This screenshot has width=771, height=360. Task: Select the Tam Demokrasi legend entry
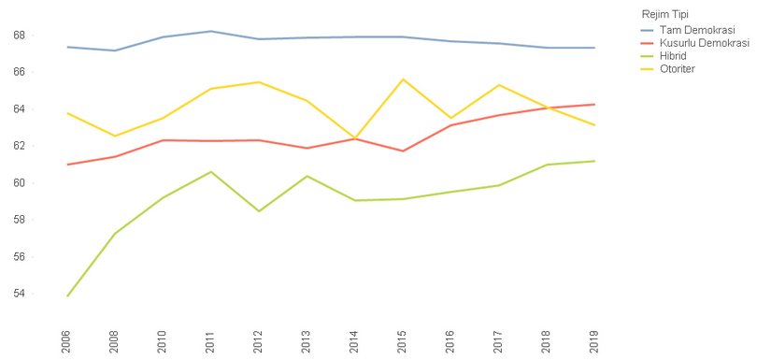[x=696, y=30]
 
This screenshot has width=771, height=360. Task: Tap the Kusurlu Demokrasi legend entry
[x=704, y=43]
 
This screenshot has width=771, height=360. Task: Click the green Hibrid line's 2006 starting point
[x=66, y=296]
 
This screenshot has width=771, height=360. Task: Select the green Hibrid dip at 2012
[x=259, y=211]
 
